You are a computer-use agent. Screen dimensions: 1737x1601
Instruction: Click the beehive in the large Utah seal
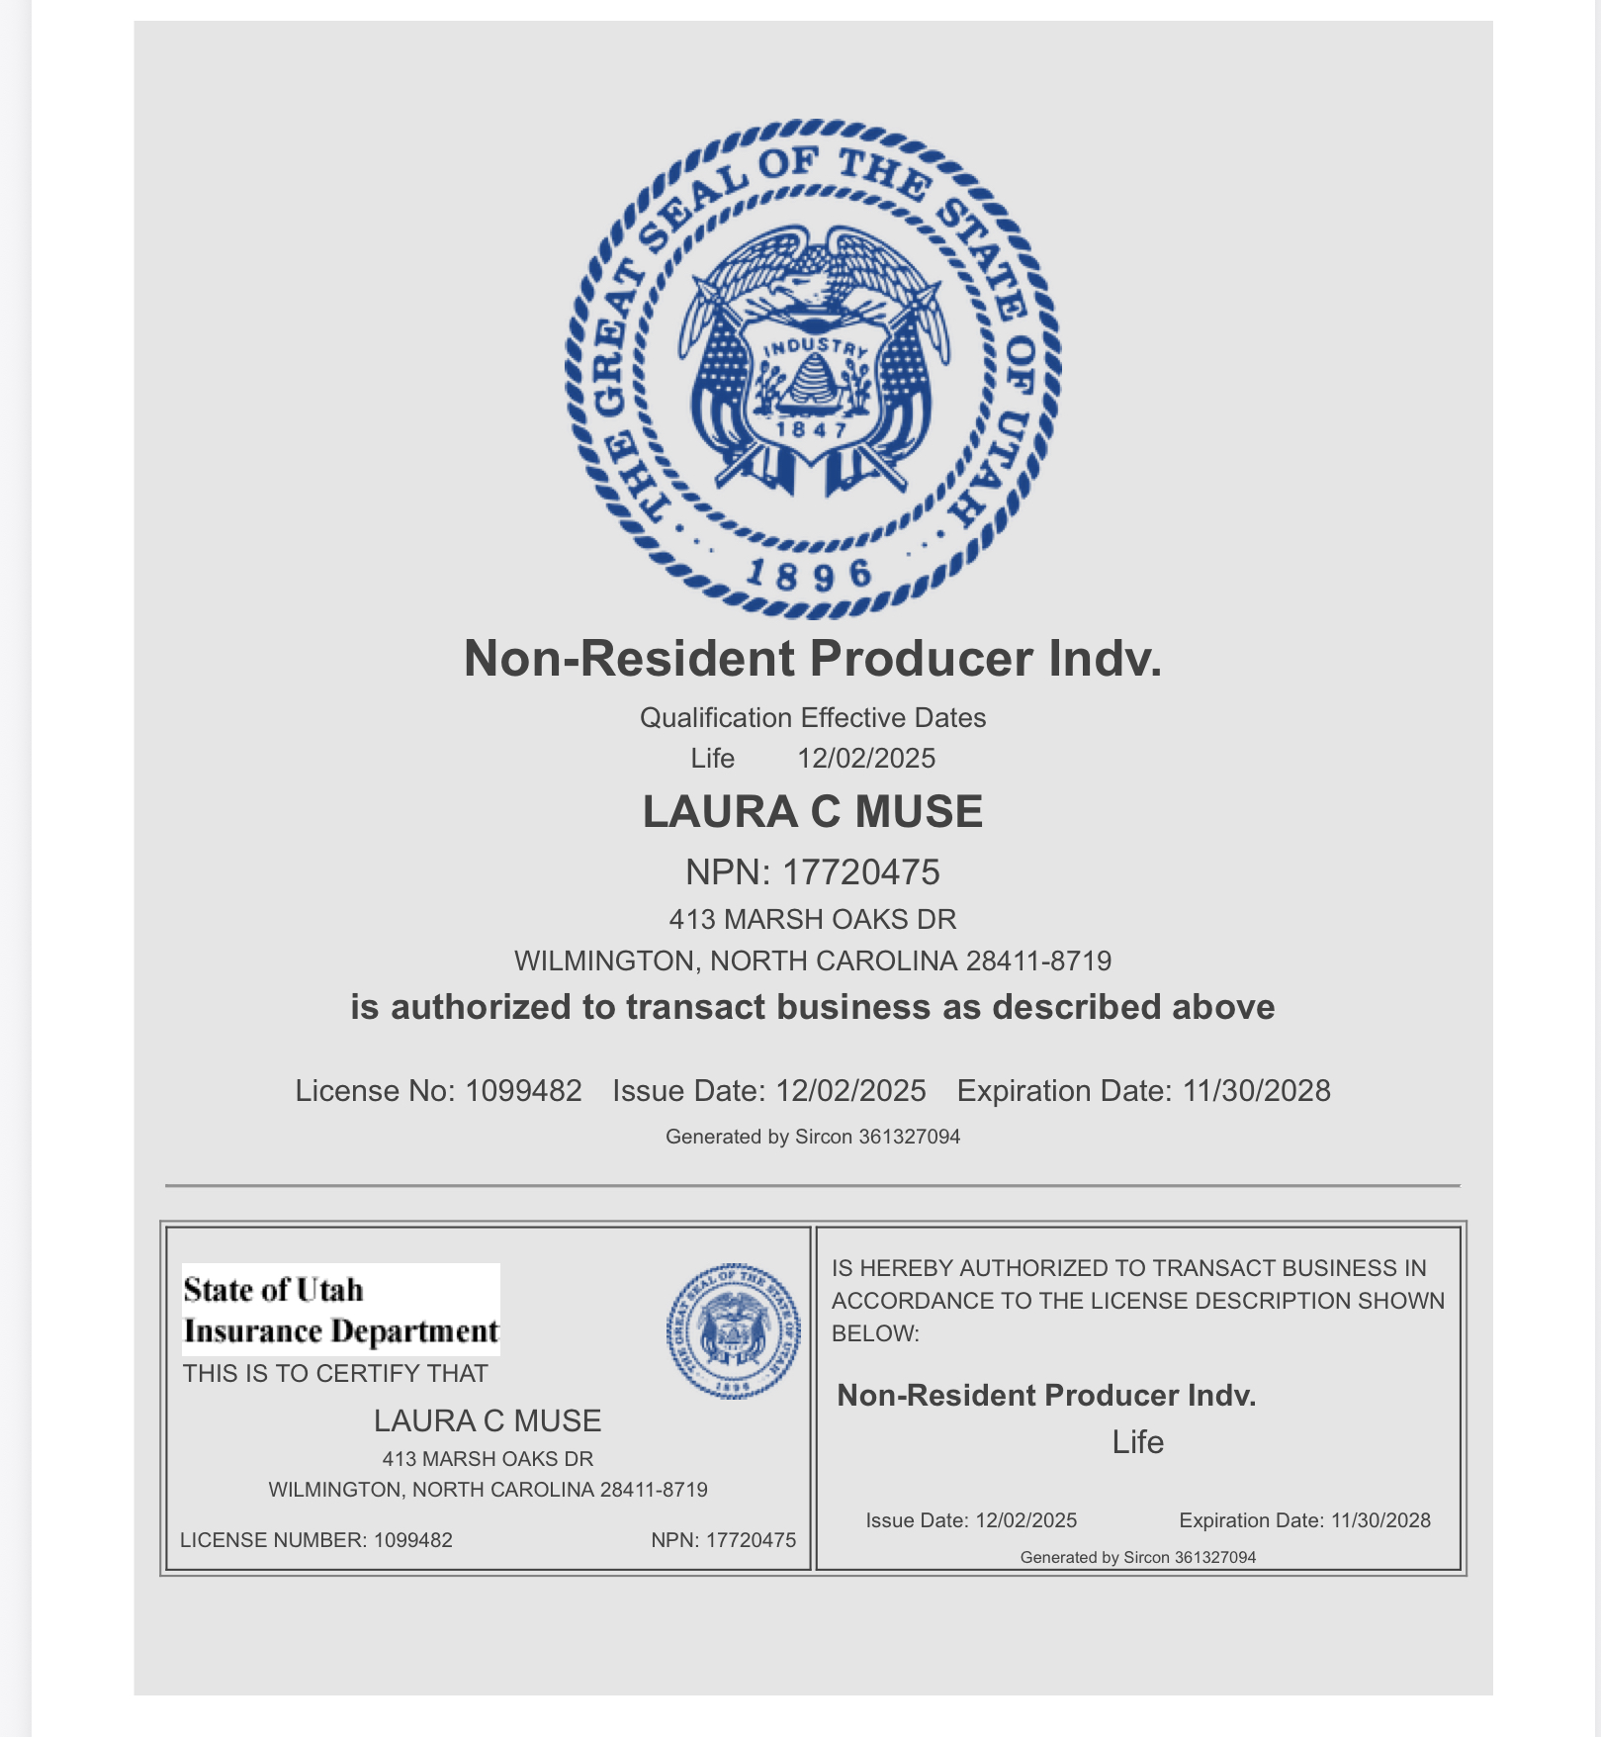tap(813, 381)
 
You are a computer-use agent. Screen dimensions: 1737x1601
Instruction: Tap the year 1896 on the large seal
tap(809, 573)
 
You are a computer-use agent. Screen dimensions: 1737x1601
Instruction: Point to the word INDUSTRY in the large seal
tap(816, 347)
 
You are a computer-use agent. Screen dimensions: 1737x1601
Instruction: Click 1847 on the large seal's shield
tap(812, 429)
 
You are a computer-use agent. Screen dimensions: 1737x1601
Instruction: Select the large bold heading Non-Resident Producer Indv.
tap(812, 659)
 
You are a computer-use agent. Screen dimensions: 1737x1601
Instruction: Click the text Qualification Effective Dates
tap(812, 717)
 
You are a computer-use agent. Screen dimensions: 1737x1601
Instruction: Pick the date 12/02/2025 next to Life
tap(866, 759)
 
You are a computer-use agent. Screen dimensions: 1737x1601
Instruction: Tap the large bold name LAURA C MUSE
tap(812, 812)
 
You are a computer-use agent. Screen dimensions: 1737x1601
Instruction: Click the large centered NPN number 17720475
tap(860, 872)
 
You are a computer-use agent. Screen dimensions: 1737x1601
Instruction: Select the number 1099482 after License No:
tap(523, 1091)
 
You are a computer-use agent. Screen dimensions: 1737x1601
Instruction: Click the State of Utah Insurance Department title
tap(340, 1310)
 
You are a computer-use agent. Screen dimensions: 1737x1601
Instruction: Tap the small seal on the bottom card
tap(733, 1331)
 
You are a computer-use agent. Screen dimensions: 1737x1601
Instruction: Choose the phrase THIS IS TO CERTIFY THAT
tap(335, 1374)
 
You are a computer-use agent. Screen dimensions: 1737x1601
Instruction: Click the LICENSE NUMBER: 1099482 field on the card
tap(316, 1540)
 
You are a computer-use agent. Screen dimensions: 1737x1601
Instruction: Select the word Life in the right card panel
tap(1137, 1442)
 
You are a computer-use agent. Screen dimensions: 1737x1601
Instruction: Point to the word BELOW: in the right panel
tap(875, 1333)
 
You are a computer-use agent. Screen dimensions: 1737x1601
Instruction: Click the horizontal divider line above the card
tap(812, 1185)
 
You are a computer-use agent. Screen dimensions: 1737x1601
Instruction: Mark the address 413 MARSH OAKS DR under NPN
tap(812, 920)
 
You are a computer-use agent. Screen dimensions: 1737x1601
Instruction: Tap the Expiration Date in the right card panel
tap(1304, 1520)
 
